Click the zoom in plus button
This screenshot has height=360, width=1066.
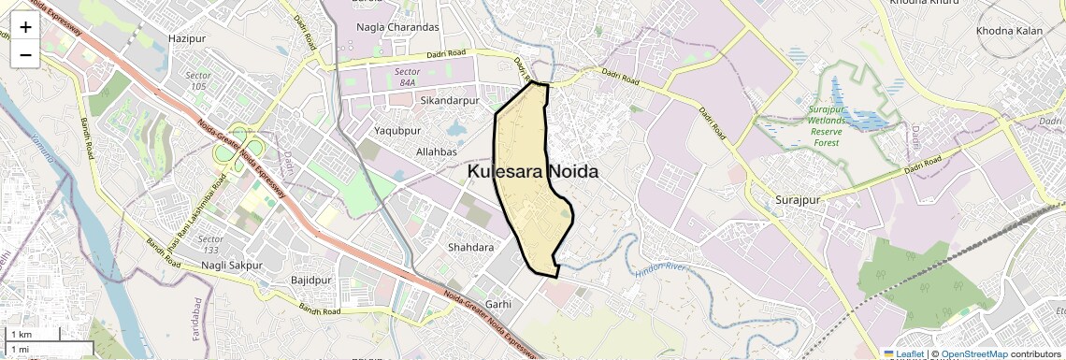[25, 26]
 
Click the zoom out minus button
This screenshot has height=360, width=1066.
[25, 54]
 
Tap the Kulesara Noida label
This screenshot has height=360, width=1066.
[533, 173]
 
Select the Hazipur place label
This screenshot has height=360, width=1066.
[186, 38]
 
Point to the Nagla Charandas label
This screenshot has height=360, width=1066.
[397, 27]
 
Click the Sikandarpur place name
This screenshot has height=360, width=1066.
[450, 100]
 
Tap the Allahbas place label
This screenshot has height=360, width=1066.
[436, 151]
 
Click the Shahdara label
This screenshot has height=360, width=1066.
[470, 248]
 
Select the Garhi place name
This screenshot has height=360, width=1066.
[498, 304]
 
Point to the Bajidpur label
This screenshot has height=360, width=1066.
[311, 280]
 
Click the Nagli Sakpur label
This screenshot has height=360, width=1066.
[231, 266]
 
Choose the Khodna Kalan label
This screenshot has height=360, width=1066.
[1009, 32]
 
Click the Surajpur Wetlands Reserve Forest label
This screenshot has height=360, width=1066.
[825, 125]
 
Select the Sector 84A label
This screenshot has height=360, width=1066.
[408, 76]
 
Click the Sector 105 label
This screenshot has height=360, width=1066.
[198, 79]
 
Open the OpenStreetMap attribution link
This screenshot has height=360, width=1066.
[973, 354]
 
